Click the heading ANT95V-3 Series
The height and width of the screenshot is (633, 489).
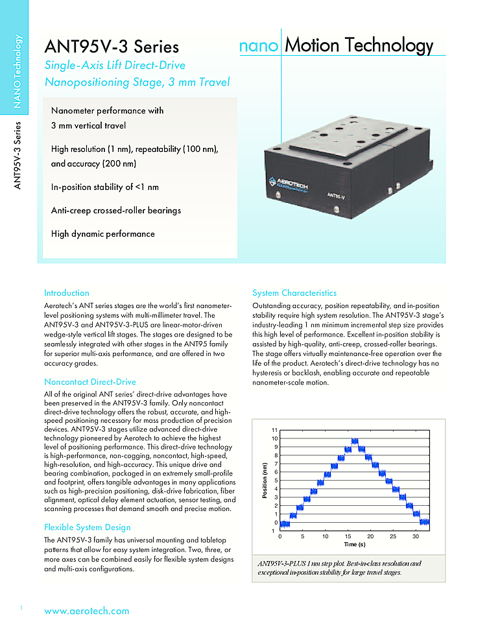click(x=112, y=47)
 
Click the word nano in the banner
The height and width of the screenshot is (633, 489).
click(x=259, y=46)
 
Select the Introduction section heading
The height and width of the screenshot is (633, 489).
click(x=66, y=293)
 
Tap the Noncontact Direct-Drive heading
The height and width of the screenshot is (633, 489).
click(x=89, y=381)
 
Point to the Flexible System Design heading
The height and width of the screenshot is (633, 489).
click(x=87, y=527)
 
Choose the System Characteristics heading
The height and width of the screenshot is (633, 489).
click(x=294, y=293)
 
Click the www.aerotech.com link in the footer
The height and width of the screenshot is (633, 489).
click(x=86, y=611)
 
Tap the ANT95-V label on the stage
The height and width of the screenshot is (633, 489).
click(x=335, y=194)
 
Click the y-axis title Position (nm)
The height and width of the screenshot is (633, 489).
click(x=265, y=480)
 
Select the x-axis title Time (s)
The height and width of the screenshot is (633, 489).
click(x=354, y=544)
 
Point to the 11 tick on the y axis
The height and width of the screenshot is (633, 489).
click(x=274, y=431)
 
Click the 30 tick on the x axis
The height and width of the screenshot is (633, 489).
click(x=416, y=536)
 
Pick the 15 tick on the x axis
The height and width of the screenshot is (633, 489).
click(x=348, y=536)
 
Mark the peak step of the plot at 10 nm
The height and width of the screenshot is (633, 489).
click(x=355, y=441)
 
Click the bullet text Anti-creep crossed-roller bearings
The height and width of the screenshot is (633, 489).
click(x=116, y=210)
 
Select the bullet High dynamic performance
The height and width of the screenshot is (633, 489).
click(x=103, y=233)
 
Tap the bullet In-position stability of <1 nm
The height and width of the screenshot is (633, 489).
click(x=105, y=187)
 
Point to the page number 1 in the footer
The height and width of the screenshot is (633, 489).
click(x=21, y=607)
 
